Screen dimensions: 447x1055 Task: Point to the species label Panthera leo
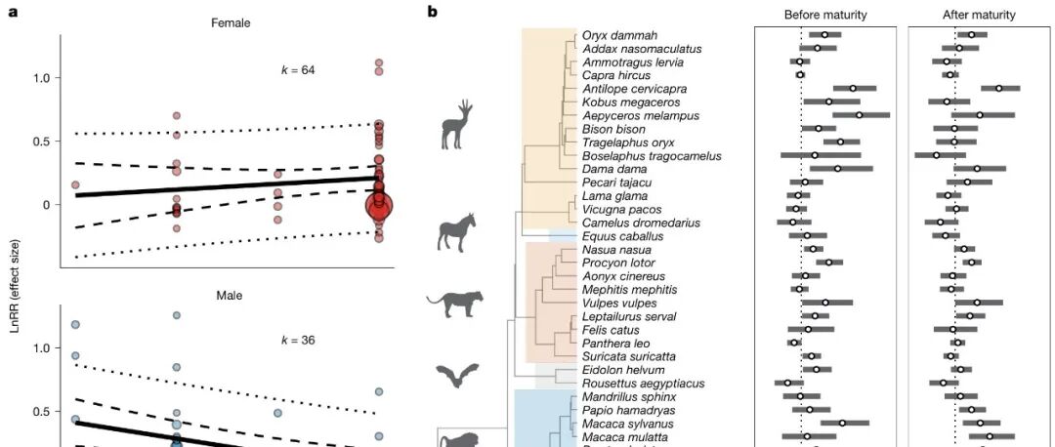(x=612, y=344)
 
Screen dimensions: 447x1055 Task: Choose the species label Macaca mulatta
(x=618, y=438)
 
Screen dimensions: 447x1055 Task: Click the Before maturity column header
(x=825, y=15)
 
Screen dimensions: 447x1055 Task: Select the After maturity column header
(x=978, y=15)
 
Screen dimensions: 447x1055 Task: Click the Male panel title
(x=227, y=295)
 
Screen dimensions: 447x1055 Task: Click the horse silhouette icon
(x=453, y=235)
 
